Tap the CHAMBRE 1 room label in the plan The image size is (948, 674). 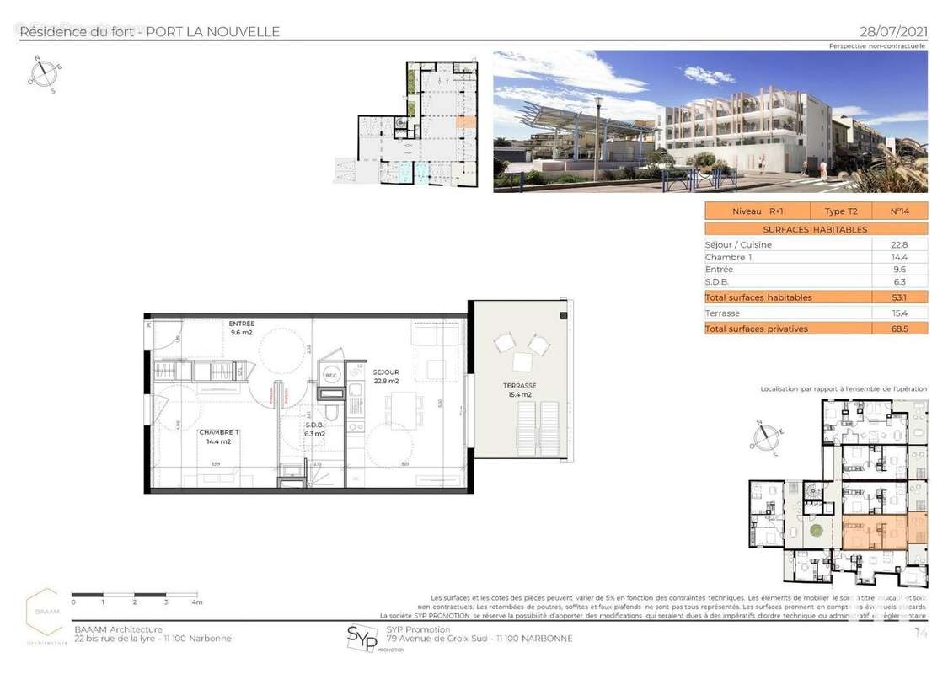pyautogui.click(x=215, y=436)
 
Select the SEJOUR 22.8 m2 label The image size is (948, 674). pyautogui.click(x=386, y=377)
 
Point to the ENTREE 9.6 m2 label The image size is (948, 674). pyautogui.click(x=242, y=328)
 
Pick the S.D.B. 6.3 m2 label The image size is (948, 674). pyautogui.click(x=313, y=430)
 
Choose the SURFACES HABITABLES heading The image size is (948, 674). pyautogui.click(x=814, y=229)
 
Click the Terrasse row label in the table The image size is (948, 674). pyautogui.click(x=722, y=313)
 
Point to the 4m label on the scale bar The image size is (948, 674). pyautogui.click(x=196, y=603)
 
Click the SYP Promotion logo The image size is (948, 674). pyautogui.click(x=362, y=638)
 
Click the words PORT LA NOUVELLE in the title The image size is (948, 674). pyautogui.click(x=213, y=32)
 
